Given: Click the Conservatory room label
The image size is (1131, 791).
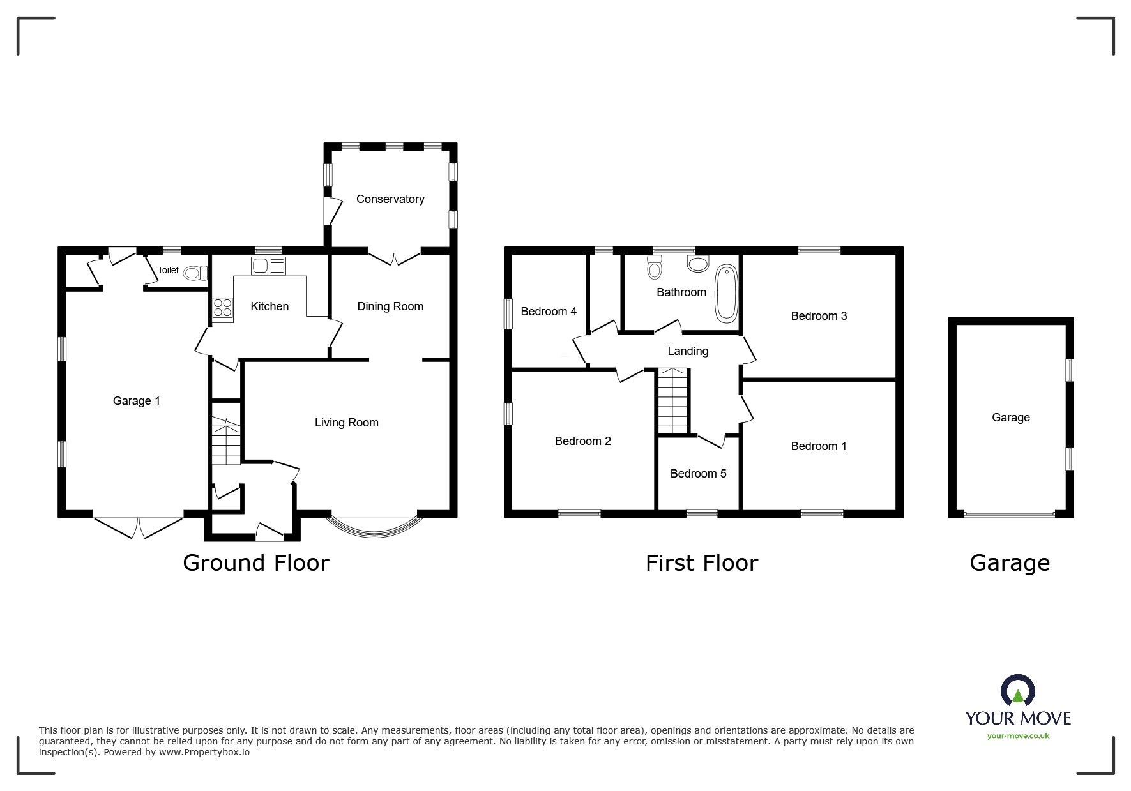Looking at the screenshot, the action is (390, 199).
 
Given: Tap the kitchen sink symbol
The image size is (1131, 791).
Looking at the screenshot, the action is (269, 266).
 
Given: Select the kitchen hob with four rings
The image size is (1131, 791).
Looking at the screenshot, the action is (222, 308).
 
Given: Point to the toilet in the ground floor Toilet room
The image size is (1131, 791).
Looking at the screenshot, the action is (195, 274).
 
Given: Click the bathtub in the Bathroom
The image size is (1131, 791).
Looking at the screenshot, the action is (725, 294).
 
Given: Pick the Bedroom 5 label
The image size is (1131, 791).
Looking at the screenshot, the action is (698, 474).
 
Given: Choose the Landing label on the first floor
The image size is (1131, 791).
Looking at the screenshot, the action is (688, 351).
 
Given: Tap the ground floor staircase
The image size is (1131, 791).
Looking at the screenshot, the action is (227, 441).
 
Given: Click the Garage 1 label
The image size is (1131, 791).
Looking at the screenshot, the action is (137, 401).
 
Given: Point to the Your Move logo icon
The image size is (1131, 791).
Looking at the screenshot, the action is (1018, 691).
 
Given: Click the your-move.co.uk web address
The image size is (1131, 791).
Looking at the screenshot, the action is (1018, 736).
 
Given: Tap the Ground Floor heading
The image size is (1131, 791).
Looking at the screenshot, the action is (256, 563).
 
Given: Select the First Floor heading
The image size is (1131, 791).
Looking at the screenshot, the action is (702, 563).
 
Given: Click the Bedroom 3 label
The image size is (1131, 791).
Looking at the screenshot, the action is (819, 316).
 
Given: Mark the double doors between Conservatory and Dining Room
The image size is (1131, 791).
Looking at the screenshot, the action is (394, 257).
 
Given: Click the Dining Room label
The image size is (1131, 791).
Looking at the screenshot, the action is (390, 306).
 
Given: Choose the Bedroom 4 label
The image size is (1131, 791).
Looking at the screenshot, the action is (549, 312).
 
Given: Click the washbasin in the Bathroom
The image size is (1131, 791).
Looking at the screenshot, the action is (698, 263).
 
